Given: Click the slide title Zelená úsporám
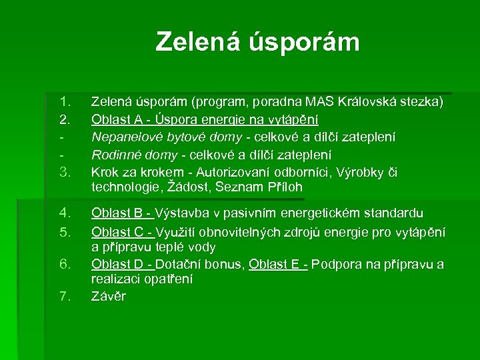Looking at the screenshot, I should pos(257,42).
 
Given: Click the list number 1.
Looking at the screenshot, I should pos(65,103).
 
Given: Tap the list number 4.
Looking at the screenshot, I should pos(65,213).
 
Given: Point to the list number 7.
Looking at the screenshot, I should pos(65,296).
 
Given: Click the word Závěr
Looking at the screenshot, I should pos(108,296).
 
